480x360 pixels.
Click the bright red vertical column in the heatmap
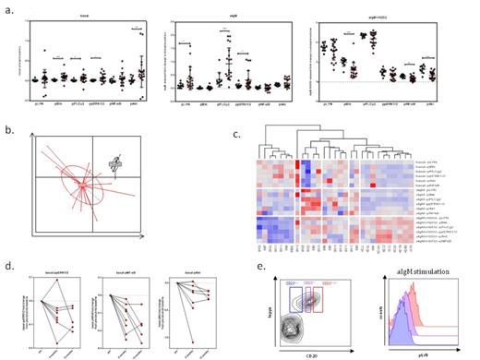pyautogui.click(x=304, y=185)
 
